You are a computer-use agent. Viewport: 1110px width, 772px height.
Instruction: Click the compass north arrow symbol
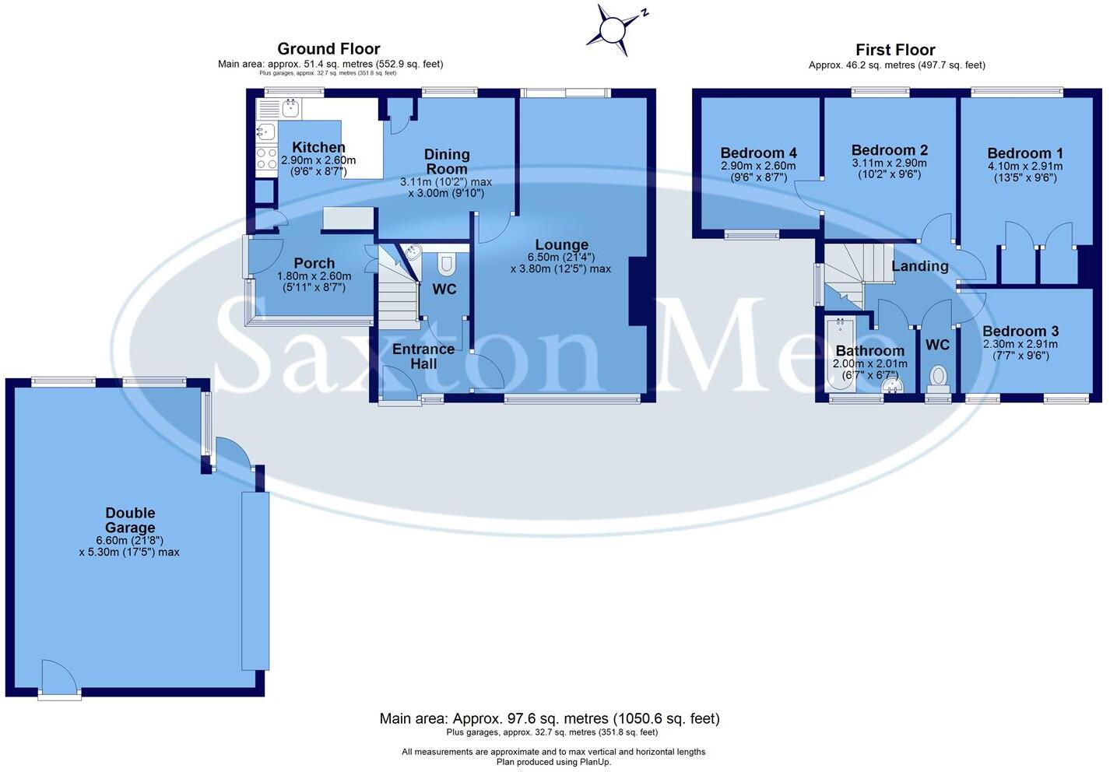[x=613, y=30]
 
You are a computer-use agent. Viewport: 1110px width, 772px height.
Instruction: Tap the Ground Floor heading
[x=328, y=49]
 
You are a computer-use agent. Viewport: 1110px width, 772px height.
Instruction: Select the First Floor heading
[x=895, y=50]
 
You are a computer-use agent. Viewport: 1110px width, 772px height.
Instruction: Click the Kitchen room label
[x=318, y=147]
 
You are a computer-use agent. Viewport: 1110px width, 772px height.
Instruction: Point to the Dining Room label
[x=447, y=162]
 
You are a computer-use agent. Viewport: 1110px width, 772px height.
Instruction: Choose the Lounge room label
[x=561, y=244]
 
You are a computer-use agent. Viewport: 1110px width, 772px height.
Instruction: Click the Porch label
[x=314, y=263]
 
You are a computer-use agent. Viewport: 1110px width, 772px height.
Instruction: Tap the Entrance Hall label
[x=423, y=356]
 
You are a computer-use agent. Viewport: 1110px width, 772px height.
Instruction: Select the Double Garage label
[x=130, y=520]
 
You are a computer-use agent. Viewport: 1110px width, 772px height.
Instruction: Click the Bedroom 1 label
[x=1024, y=153]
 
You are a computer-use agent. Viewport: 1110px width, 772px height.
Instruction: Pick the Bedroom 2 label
[x=889, y=150]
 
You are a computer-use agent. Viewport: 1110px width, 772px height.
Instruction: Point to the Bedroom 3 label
[x=1020, y=331]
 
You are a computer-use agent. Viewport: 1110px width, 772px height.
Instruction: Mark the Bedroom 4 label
[x=758, y=153]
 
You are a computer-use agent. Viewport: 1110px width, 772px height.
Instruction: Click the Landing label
[x=919, y=266]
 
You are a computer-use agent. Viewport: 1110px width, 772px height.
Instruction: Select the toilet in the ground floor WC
[x=446, y=265]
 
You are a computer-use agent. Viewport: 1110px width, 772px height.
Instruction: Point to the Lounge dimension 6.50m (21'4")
[x=560, y=257]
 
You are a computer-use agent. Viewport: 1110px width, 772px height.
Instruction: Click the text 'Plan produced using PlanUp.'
[x=553, y=762]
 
